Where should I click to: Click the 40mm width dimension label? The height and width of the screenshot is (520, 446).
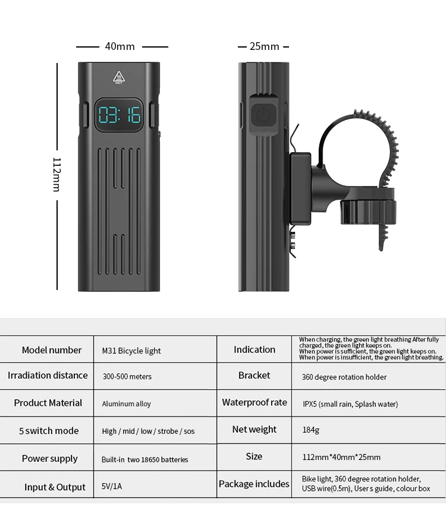coord(120,46)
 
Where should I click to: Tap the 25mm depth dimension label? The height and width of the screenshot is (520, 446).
coord(264,46)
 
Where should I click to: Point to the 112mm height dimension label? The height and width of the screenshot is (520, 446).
coord(56,175)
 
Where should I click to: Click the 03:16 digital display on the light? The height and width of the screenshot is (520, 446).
coord(120,114)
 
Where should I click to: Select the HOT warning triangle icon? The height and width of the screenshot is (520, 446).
coord(119,78)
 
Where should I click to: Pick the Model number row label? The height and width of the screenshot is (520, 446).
coord(52,350)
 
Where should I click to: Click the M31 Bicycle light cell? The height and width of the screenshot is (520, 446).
coord(131,351)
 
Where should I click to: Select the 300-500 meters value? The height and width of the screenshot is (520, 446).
coord(127,376)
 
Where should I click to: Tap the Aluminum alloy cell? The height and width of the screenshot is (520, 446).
coord(126,404)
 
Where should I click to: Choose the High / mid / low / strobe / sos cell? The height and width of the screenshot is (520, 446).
coord(148,431)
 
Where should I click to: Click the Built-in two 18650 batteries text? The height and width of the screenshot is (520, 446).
coord(145,459)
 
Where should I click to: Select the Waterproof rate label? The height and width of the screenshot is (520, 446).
coord(255,402)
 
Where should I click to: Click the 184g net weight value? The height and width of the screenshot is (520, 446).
coord(310,430)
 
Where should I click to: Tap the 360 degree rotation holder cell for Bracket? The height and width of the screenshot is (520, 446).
coord(344,377)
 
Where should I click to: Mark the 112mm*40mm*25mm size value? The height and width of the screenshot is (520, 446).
coord(341,457)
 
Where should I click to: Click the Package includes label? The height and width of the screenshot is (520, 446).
coord(254,484)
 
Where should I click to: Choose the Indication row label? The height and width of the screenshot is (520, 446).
coord(255,349)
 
